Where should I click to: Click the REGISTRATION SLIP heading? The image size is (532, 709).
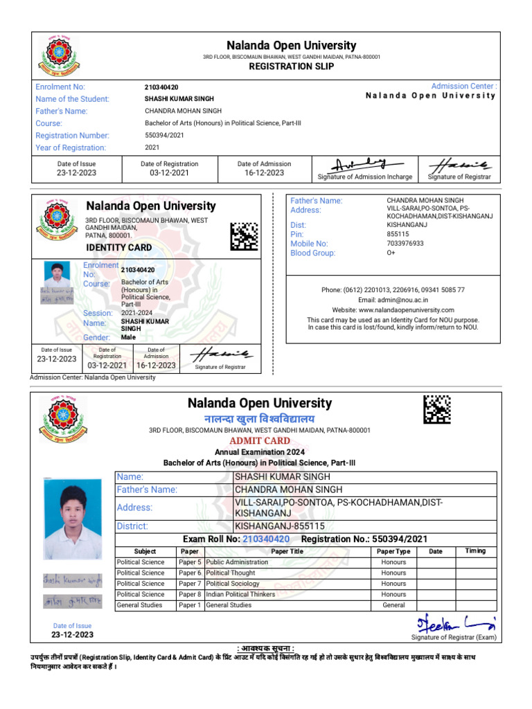coord(291,66)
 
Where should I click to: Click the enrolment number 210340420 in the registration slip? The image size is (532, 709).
coord(161,87)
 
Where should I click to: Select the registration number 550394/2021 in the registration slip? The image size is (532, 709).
coord(164,136)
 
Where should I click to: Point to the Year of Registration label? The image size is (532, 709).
coord(71,147)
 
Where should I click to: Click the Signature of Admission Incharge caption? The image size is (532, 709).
coord(365,177)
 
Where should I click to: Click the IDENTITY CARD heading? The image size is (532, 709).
coord(118,247)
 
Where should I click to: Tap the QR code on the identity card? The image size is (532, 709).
coord(244,236)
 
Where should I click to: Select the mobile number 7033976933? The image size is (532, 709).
coord(405,244)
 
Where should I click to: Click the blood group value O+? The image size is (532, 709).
coord(391,253)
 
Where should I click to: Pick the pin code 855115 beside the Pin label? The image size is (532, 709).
coord(398,234)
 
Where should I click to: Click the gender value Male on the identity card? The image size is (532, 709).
coord(129,337)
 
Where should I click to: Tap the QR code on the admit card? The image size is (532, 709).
coord(437,409)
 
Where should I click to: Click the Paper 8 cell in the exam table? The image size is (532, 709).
coord(190,594)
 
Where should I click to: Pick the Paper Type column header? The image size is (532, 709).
coord(393,551)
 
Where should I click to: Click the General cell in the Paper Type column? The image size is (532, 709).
coord(393,605)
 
